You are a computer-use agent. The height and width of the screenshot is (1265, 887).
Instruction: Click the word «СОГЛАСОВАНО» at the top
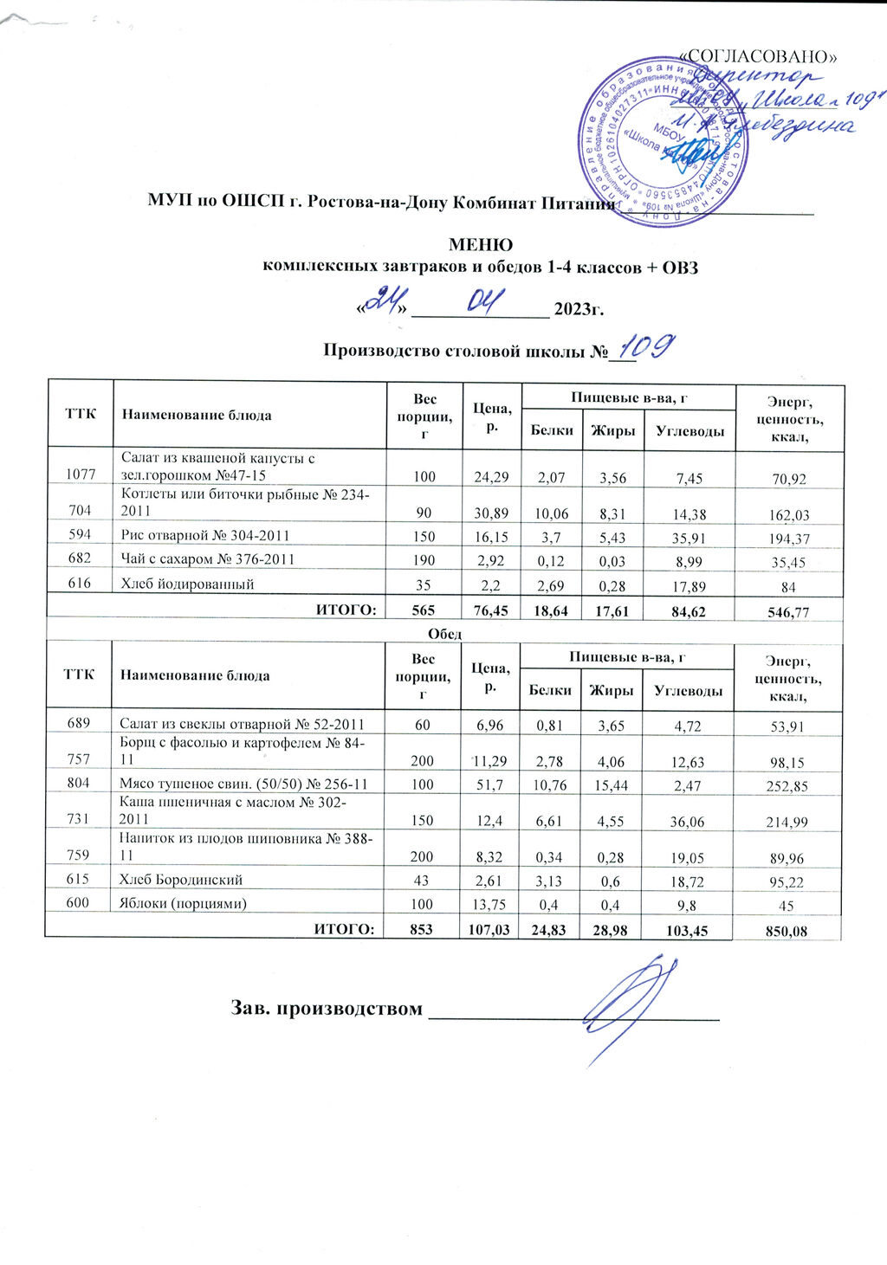point(759,56)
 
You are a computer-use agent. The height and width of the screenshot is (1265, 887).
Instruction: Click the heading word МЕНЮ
point(480,245)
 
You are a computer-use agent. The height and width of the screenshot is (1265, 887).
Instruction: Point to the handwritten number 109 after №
point(647,347)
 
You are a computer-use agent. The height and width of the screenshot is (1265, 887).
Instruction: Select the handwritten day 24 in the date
point(382,302)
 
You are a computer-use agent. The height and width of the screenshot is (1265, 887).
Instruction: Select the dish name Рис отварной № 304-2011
point(205,536)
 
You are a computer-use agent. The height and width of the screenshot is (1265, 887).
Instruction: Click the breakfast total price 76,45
point(490,611)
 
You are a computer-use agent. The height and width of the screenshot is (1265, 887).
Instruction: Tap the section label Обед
point(445,633)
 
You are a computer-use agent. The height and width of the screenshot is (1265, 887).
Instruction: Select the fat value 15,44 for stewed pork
point(612,785)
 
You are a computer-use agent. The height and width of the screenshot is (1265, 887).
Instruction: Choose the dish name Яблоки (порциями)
point(182,903)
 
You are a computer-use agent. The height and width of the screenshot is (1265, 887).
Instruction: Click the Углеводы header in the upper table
point(690,430)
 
